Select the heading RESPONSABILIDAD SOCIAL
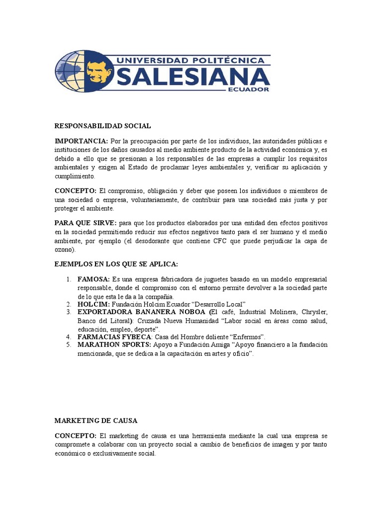point(102,126)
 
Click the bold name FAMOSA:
point(94,279)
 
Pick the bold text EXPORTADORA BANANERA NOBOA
point(141,312)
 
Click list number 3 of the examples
point(69,312)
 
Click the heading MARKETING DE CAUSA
point(95,421)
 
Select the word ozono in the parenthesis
point(63,250)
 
